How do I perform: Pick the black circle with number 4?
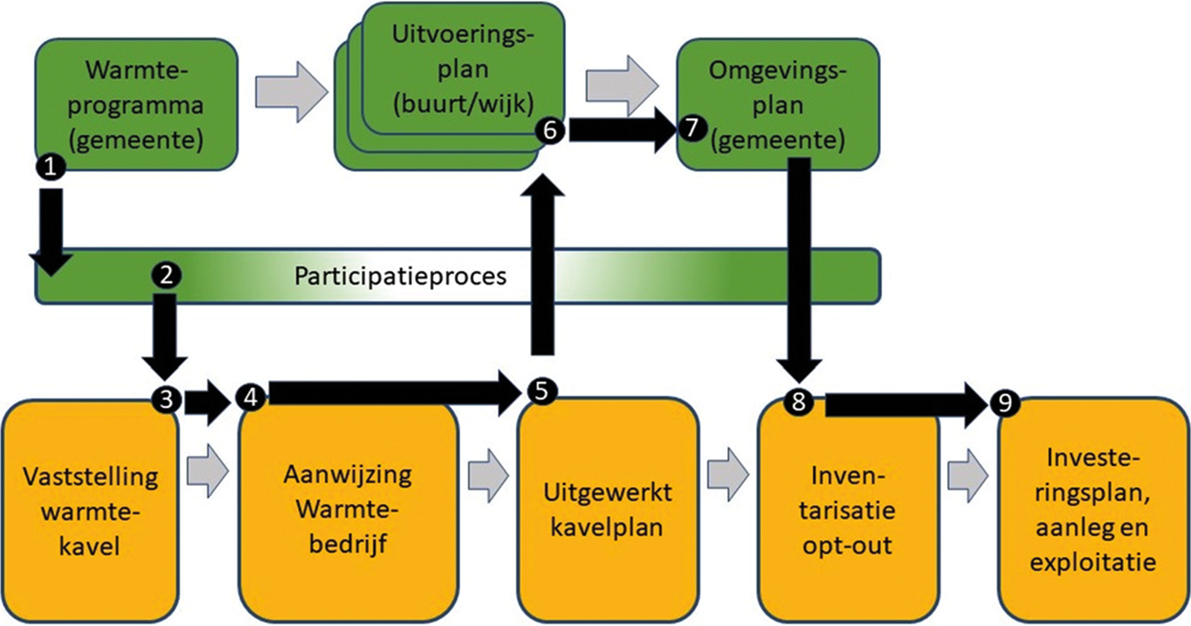coord(249,396)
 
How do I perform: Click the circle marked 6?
coord(550,131)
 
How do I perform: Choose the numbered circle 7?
coord(691,130)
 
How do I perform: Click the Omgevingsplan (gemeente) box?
coord(776,104)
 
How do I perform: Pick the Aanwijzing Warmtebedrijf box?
coord(348,509)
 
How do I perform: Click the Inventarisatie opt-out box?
coord(847,509)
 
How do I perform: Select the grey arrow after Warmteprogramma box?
coord(291,90)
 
